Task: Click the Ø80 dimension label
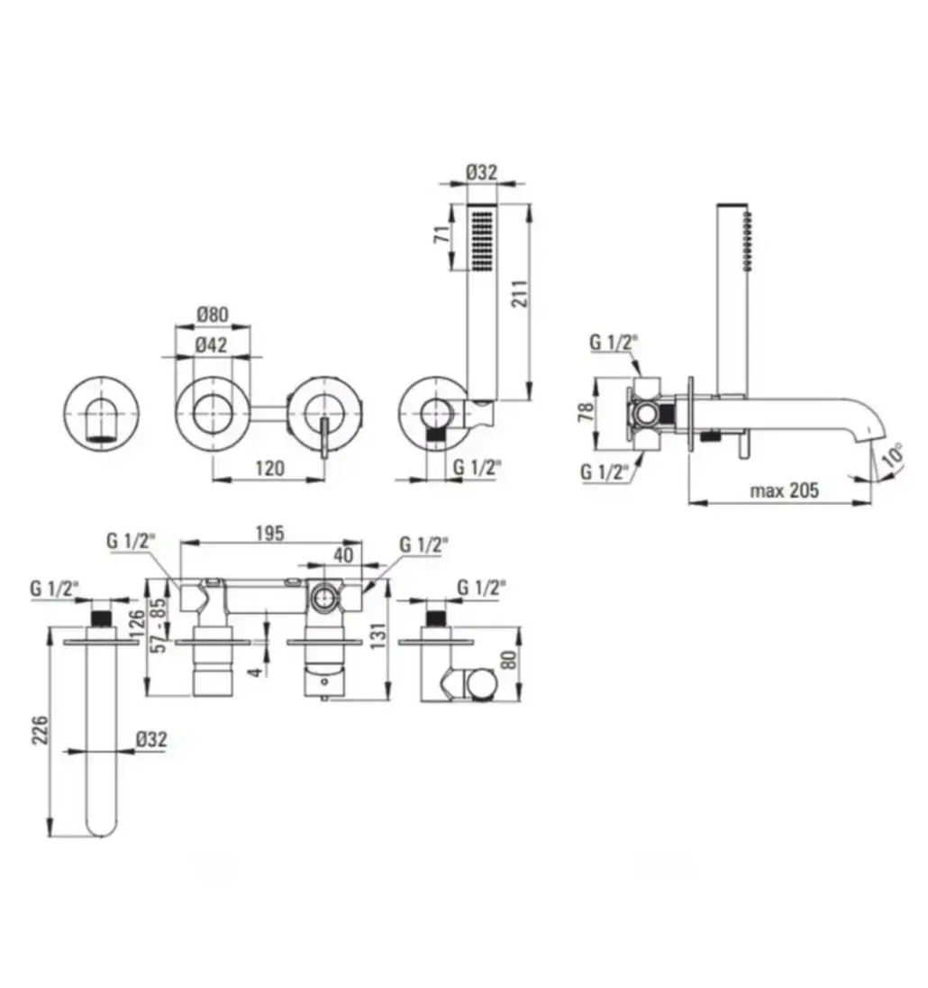tap(212, 314)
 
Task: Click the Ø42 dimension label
tap(211, 344)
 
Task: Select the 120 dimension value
tap(269, 468)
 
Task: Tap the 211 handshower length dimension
tap(519, 293)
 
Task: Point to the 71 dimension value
tap(443, 234)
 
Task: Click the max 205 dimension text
tap(785, 489)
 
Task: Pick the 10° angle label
tap(894, 455)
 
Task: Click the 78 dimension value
tap(586, 412)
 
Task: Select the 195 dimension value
tap(270, 533)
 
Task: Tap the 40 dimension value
tap(344, 555)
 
